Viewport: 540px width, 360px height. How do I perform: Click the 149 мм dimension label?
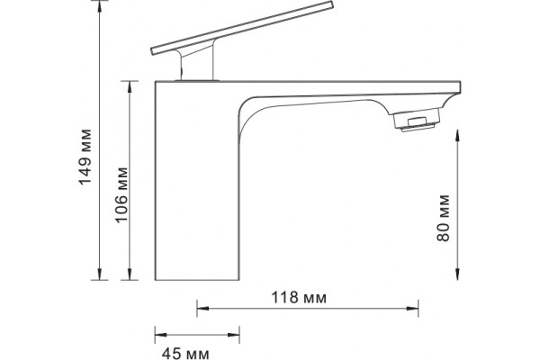85,157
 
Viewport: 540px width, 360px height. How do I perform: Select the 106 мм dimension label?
121,195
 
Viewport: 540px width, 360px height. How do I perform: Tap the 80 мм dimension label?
443,218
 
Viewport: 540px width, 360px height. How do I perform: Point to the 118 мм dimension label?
299,297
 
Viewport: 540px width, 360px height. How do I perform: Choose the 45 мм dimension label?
185,353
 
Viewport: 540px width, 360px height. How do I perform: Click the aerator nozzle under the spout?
417,119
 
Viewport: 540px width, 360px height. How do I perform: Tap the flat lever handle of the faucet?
242,28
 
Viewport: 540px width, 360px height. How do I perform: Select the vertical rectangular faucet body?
197,181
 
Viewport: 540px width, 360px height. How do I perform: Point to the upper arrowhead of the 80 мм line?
457,135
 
